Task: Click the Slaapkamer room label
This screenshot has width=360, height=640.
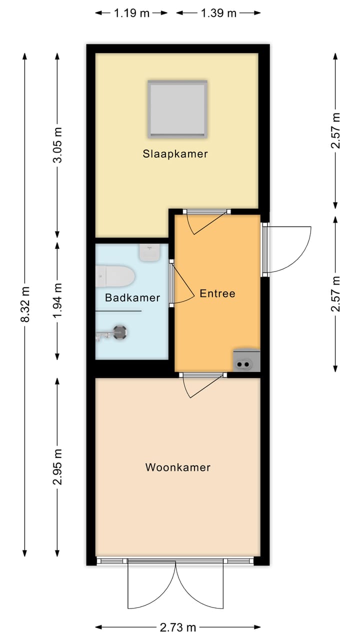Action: pyautogui.click(x=174, y=154)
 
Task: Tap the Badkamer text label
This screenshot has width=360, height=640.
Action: pyautogui.click(x=132, y=298)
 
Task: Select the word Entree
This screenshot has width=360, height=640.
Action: pyautogui.click(x=217, y=293)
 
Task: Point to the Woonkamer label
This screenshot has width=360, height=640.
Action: pyautogui.click(x=178, y=467)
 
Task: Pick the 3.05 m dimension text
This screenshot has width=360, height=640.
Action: pyautogui.click(x=58, y=144)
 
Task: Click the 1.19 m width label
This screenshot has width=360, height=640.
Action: pyautogui.click(x=131, y=13)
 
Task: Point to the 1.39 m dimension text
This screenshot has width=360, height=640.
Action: pyautogui.click(x=218, y=13)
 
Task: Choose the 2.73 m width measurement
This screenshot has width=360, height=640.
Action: pyautogui.click(x=178, y=627)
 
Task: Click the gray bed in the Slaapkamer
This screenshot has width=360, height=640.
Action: pyautogui.click(x=177, y=109)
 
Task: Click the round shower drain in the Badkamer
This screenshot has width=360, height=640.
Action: pyautogui.click(x=120, y=332)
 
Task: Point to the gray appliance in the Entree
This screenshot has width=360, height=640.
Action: pyautogui.click(x=246, y=360)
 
